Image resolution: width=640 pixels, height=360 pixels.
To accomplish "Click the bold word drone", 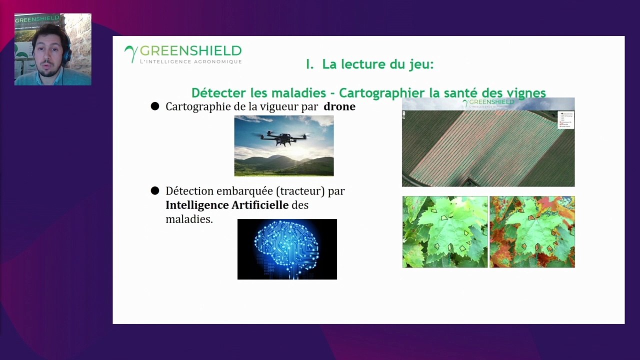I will pos(339,106).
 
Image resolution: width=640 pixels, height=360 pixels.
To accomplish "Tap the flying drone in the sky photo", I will pos(283,138).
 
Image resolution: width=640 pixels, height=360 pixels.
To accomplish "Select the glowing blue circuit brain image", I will pos(287,249).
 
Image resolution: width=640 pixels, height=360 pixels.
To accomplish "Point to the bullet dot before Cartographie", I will pos(155,106).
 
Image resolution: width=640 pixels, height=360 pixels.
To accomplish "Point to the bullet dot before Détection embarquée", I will pos(155,190).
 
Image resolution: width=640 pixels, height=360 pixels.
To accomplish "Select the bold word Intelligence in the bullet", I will pos(197,205).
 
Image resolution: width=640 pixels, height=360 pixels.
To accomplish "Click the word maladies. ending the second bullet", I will pos(189,219).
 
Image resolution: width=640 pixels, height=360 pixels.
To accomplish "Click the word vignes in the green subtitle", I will pos(528,93).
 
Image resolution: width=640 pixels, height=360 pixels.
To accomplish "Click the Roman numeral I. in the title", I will pos(309,64).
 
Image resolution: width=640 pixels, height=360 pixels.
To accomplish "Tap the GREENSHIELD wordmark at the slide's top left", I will pos(190,51).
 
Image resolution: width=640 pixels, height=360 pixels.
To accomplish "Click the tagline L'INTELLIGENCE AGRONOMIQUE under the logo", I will pos(190,62).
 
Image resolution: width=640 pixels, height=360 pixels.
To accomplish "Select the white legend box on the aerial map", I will pos(565,120).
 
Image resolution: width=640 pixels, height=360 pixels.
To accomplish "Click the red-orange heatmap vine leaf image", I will pos(532,231).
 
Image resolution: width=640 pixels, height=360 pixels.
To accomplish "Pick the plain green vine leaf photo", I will pos(444,231).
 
